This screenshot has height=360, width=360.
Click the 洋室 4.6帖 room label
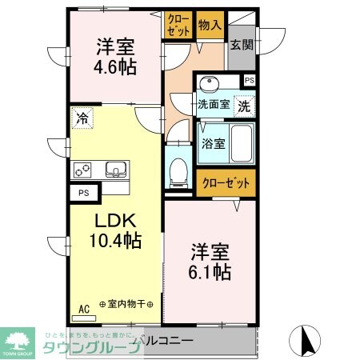tap(115, 56)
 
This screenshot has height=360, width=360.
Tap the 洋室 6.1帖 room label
tap(210, 262)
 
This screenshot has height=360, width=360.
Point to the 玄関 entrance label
tap(242, 45)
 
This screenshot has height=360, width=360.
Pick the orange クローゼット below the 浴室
tap(226, 182)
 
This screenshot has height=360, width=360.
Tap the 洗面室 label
tap(214, 104)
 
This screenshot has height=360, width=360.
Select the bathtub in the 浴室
tap(241, 144)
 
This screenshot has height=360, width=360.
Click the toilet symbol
tap(179, 168)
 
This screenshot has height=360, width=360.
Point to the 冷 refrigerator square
tap(82, 118)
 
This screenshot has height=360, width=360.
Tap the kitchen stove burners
tap(84, 170)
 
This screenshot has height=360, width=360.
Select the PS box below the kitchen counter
tap(83, 193)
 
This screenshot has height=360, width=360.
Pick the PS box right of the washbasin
tap(249, 80)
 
